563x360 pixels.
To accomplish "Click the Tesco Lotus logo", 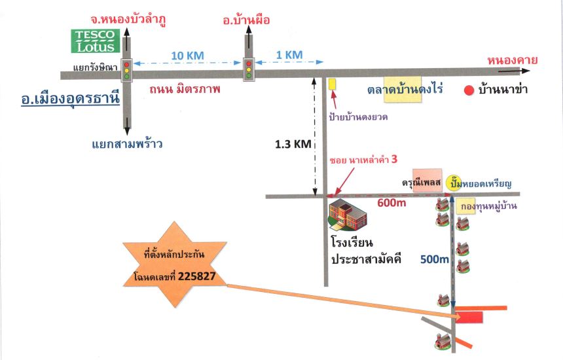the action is (95, 41).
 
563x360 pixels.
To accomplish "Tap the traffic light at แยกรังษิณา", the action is (126, 70).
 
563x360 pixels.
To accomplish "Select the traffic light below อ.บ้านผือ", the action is (249, 69).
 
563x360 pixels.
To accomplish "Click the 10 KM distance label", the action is (187, 56).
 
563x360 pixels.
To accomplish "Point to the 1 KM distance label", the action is (289, 54).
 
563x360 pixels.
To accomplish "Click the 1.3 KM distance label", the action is (293, 144).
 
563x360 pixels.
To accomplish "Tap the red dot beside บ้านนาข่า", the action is (469, 90).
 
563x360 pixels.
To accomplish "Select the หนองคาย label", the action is (513, 60).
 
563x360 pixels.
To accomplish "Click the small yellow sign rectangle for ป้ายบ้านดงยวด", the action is (333, 84).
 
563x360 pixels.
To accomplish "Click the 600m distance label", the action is (391, 203).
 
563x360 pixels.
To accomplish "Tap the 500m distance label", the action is (435, 259).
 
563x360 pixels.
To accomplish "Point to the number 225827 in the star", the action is (197, 276).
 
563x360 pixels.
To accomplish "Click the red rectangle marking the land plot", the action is (469, 317).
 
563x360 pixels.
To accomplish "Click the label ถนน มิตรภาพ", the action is (185, 89).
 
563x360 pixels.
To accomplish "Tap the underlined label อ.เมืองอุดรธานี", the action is (71, 98).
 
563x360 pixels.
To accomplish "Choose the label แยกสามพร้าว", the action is (127, 144).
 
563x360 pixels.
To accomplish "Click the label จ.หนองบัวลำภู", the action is (128, 20).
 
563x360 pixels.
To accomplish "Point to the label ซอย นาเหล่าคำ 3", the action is (363, 160).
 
